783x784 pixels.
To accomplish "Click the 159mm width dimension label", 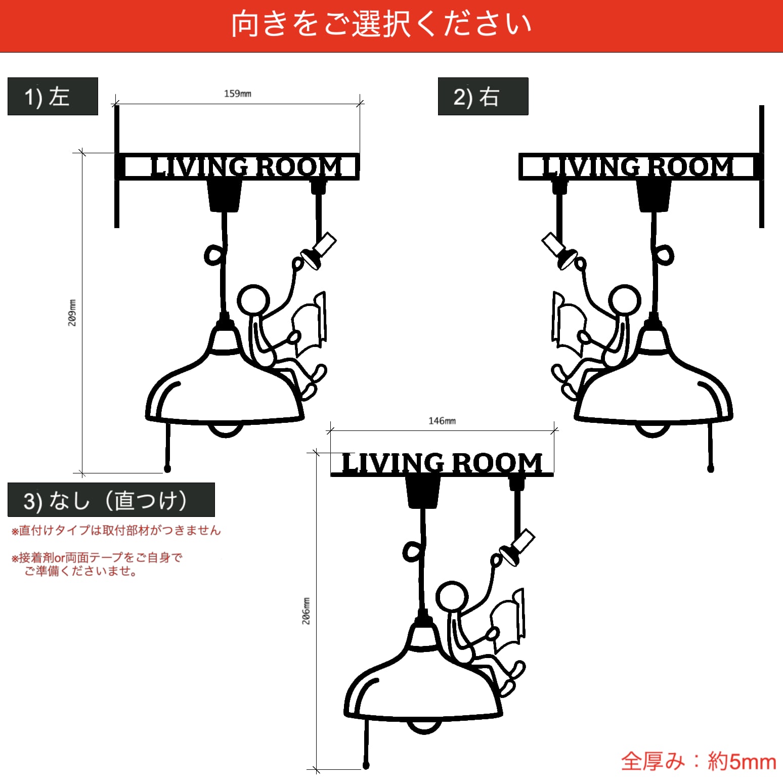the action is (237, 94).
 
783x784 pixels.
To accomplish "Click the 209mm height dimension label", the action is (72, 313).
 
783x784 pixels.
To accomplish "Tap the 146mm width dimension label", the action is (442, 421).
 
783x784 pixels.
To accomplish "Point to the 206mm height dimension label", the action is (306, 611).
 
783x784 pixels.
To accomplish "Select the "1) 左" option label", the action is (53, 97).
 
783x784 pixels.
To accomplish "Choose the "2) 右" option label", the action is (483, 97).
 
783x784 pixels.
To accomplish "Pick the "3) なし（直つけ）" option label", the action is (111, 500).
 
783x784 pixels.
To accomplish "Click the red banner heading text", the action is (382, 24).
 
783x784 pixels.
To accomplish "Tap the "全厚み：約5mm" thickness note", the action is (699, 761).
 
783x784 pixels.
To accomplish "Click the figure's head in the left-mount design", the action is (253, 300).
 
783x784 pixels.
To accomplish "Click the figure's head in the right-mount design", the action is (625, 300).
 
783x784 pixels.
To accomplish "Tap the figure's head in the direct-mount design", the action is (452, 597).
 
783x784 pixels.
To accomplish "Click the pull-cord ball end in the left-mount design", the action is (167, 469).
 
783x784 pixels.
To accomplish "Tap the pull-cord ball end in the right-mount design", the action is (710, 469).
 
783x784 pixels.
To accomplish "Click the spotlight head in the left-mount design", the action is (319, 252).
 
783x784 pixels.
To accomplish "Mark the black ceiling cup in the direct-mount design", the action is (423, 491).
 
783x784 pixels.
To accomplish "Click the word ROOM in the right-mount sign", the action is (690, 167).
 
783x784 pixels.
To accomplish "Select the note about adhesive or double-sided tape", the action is (96, 564).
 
